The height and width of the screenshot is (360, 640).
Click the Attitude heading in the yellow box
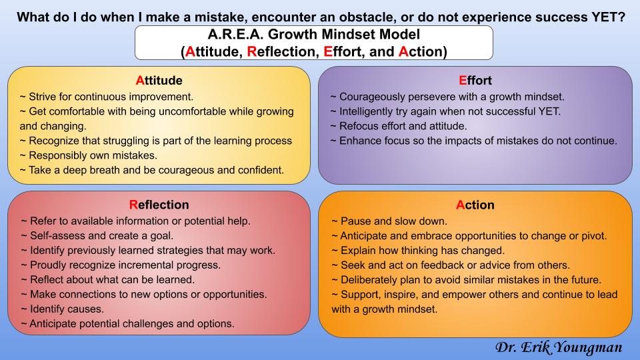[x=159, y=81]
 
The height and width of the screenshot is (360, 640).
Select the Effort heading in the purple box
[x=475, y=81]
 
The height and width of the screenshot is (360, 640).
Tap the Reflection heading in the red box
[x=159, y=205]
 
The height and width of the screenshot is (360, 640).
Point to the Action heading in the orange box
[x=475, y=205]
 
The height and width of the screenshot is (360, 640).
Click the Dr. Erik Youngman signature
[x=559, y=347]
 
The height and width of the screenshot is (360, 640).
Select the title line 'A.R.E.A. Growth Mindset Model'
[x=313, y=34]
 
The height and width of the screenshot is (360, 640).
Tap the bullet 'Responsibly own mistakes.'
[x=88, y=155]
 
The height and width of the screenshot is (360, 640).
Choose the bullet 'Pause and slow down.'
[x=389, y=221]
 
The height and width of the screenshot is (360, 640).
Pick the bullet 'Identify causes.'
[x=63, y=309]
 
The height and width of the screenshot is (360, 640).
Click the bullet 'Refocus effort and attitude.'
[x=399, y=126]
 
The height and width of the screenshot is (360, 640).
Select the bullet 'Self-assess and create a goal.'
[x=97, y=235]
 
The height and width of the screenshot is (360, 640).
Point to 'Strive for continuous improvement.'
[x=107, y=97]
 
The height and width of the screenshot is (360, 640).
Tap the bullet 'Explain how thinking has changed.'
[x=418, y=250]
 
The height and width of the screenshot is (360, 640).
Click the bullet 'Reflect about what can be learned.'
[x=108, y=279]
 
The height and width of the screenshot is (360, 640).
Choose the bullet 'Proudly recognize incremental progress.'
[x=121, y=265]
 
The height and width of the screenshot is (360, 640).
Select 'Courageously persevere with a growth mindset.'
[x=447, y=97]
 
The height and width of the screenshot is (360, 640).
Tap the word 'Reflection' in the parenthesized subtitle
[x=281, y=51]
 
